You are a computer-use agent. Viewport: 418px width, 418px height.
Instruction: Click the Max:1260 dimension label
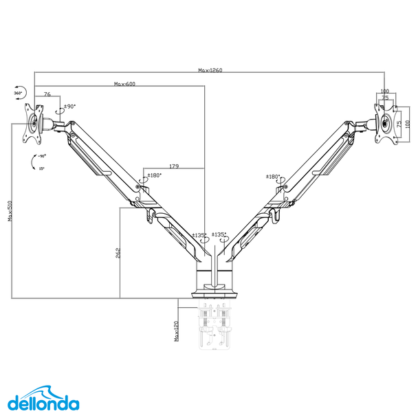[x=210, y=70]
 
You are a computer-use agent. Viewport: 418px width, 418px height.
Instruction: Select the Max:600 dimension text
[x=124, y=84]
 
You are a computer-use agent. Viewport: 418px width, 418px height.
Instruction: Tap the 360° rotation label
[x=18, y=92]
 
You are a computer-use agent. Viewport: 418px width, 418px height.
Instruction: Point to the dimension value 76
[x=47, y=93]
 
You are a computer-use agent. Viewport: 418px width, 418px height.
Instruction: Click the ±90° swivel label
[x=69, y=107]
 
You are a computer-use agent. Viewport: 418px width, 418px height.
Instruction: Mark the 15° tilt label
[x=41, y=168]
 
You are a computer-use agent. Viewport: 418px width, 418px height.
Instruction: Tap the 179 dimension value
[x=174, y=166]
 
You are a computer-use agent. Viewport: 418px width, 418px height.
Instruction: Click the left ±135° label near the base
[x=199, y=235]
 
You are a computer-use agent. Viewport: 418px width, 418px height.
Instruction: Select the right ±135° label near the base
[x=219, y=234]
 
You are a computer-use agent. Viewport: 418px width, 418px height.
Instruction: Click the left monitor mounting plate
[x=32, y=124]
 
